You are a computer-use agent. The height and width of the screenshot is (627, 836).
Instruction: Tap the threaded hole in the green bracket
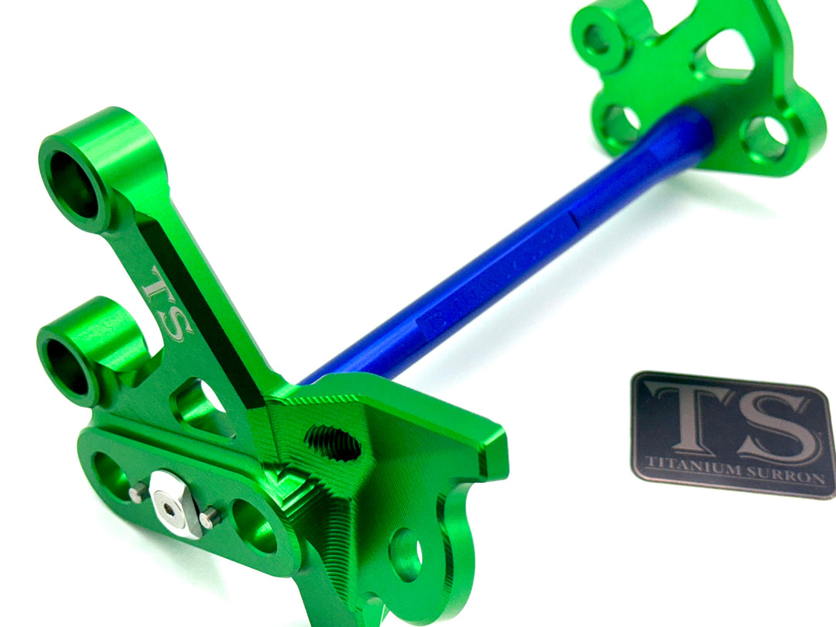pos(333,442)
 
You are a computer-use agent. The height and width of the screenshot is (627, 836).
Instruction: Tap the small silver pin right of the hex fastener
pos(207,517)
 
